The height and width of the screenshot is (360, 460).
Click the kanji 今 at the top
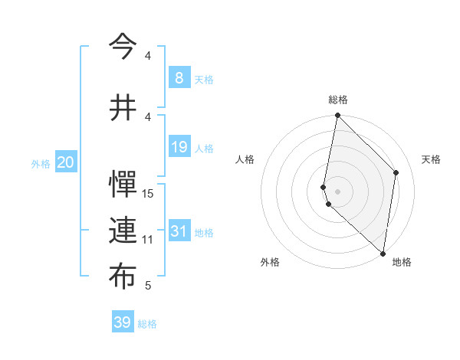[122, 47]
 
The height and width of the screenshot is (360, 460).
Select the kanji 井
[122, 106]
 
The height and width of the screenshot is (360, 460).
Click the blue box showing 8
[179, 78]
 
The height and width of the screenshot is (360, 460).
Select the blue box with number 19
[179, 147]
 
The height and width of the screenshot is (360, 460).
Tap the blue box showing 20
[66, 162]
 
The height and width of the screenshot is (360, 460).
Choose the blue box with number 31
[179, 231]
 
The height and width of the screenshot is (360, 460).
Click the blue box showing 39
[122, 322]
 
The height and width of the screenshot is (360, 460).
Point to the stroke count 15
[148, 194]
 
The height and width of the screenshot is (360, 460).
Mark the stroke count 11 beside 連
[148, 240]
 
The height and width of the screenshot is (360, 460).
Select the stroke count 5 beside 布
[148, 286]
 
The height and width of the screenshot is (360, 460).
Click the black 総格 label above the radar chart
[338, 100]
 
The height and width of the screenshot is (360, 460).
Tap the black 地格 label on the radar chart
[402, 262]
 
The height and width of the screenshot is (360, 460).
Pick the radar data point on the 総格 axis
[337, 116]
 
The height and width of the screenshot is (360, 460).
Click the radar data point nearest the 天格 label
[396, 172]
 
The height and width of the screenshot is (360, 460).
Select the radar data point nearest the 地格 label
[383, 254]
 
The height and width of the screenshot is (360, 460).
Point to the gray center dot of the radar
[337, 191]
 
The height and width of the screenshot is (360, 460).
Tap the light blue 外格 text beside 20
[41, 163]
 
